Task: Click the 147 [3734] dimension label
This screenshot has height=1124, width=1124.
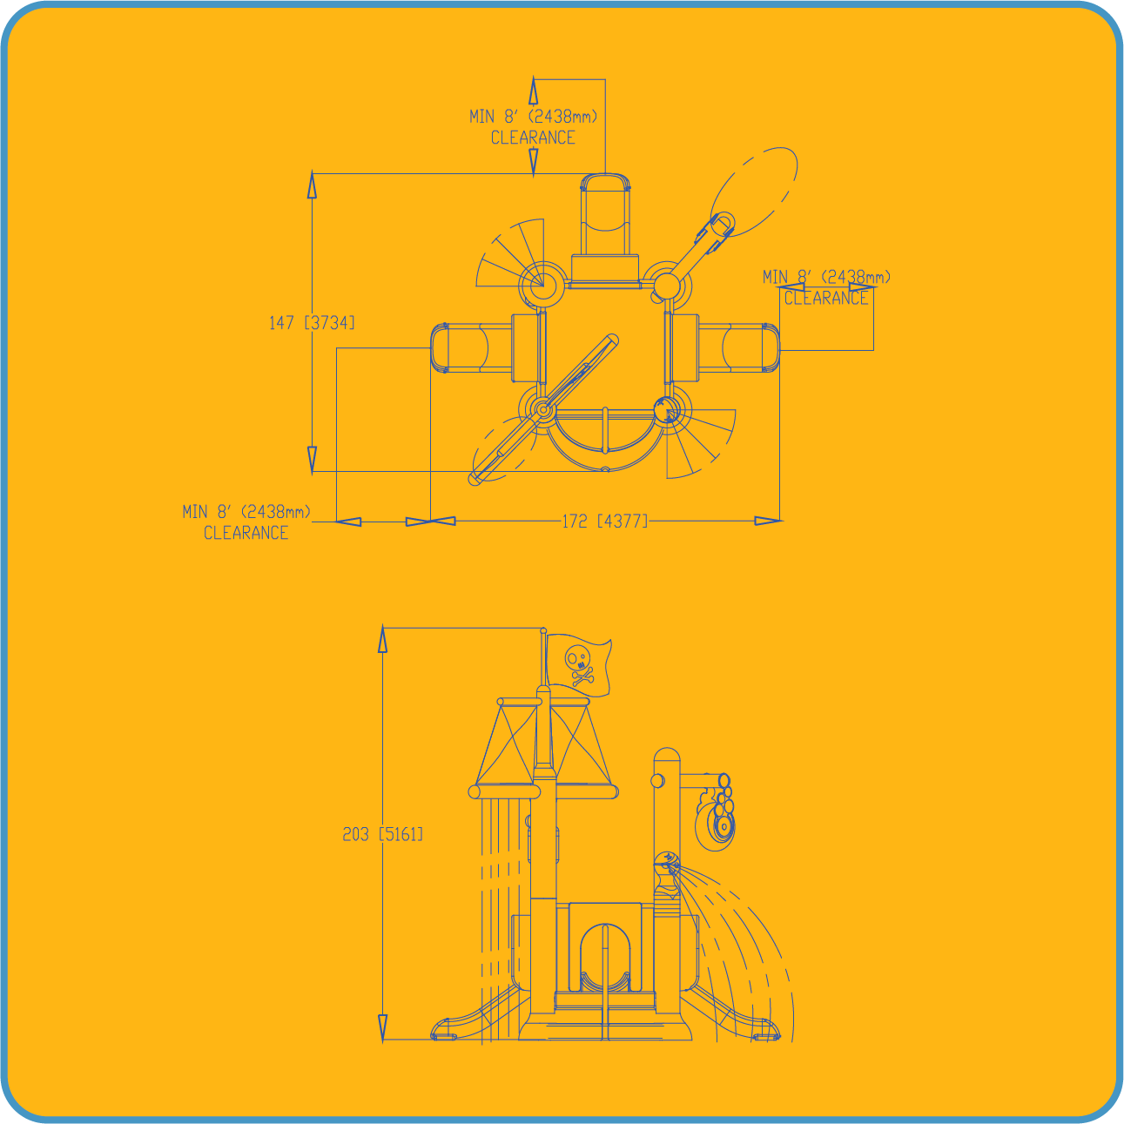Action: (312, 322)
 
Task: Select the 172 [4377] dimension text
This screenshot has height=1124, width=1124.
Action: (605, 521)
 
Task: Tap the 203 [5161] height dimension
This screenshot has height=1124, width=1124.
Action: (382, 834)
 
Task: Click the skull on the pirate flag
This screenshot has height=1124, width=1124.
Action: (577, 660)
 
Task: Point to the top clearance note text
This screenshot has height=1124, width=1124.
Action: (534, 127)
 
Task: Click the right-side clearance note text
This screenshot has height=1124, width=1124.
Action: (826, 287)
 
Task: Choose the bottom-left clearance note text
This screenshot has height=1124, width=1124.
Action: (246, 522)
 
